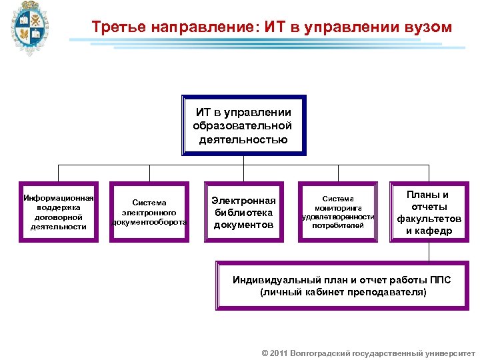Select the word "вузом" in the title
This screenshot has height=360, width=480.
pyautogui.click(x=427, y=27)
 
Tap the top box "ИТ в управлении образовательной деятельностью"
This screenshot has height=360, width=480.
pyautogui.click(x=243, y=125)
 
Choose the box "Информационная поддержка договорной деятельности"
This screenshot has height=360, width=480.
pyautogui.click(x=59, y=212)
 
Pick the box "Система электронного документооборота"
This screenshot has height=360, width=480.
pyautogui.click(x=149, y=212)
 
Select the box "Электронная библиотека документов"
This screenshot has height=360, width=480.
pyautogui.click(x=243, y=212)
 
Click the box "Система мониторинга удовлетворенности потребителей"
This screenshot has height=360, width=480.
pyautogui.click(x=338, y=212)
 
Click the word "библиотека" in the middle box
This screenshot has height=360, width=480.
pyautogui.click(x=243, y=213)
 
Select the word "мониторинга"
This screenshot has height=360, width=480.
pyautogui.click(x=338, y=208)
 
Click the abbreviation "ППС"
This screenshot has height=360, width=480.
pyautogui.click(x=440, y=280)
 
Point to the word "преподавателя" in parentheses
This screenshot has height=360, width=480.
pyautogui.click(x=391, y=292)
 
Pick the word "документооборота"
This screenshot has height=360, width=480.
pyautogui.click(x=149, y=222)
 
